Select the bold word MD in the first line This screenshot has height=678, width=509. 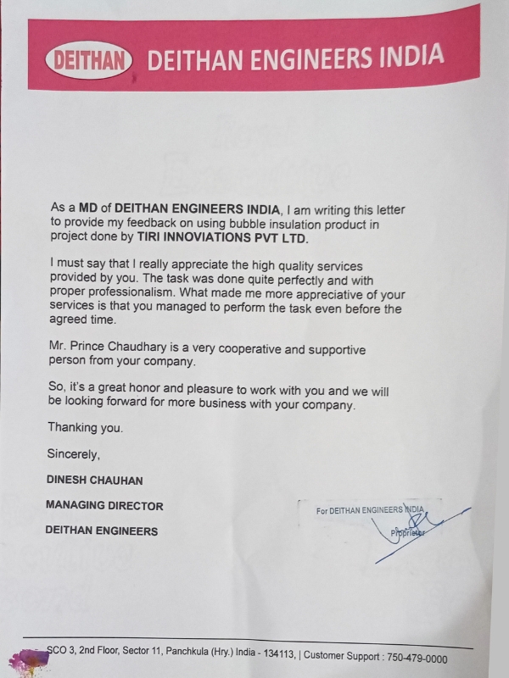[90, 208]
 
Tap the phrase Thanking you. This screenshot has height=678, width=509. [85, 427]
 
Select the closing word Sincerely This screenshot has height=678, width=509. [74, 453]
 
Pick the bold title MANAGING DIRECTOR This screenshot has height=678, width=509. [104, 506]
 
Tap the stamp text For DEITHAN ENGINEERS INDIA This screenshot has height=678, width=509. [369, 510]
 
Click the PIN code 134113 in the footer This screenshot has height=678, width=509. [275, 655]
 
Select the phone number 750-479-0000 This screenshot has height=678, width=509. [417, 658]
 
